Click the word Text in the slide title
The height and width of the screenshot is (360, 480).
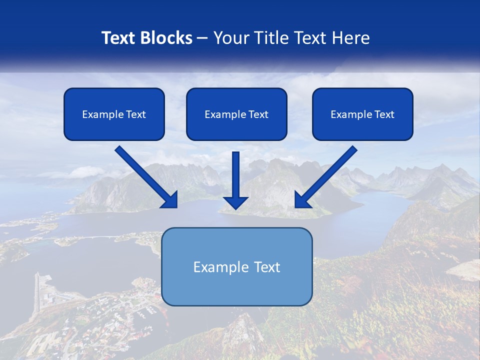118,38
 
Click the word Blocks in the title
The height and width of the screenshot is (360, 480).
165,38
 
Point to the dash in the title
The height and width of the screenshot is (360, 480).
202,38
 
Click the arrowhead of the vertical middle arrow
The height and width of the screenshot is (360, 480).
235,202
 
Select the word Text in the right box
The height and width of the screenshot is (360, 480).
384,114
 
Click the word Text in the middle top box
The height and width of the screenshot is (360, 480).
258,114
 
